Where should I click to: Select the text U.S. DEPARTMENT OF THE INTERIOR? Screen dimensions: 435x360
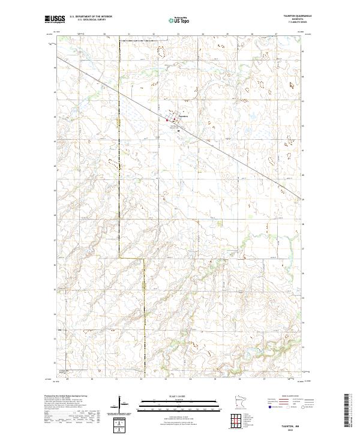pos(91,17)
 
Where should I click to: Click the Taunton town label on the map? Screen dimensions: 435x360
pos(184,116)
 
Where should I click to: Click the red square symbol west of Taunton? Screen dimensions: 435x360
pos(167,121)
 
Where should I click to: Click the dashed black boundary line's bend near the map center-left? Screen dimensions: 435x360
pos(145,259)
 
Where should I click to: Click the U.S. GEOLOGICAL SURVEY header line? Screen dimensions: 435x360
pos(91,20)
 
